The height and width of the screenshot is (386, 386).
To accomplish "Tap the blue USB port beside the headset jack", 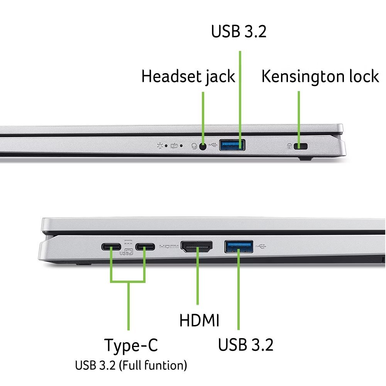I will coord(232,145).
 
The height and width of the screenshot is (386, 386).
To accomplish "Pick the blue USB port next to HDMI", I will coord(239,246).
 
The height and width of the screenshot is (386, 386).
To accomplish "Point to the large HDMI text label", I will coord(199,320).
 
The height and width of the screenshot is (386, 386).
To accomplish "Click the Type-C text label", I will coord(131,345).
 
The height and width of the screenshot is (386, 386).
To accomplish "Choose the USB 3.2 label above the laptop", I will coord(239,32).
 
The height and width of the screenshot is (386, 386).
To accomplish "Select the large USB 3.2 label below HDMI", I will coord(245,345).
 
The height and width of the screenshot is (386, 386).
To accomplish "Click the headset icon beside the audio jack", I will coord(195,146).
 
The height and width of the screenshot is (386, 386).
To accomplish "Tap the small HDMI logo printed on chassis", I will coord(169,246).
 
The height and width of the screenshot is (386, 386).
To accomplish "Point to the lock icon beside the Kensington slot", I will coord(289,146).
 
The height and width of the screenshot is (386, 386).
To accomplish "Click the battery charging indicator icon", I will coord(174,146).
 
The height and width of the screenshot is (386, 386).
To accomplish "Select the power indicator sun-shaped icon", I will coord(159,146).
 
